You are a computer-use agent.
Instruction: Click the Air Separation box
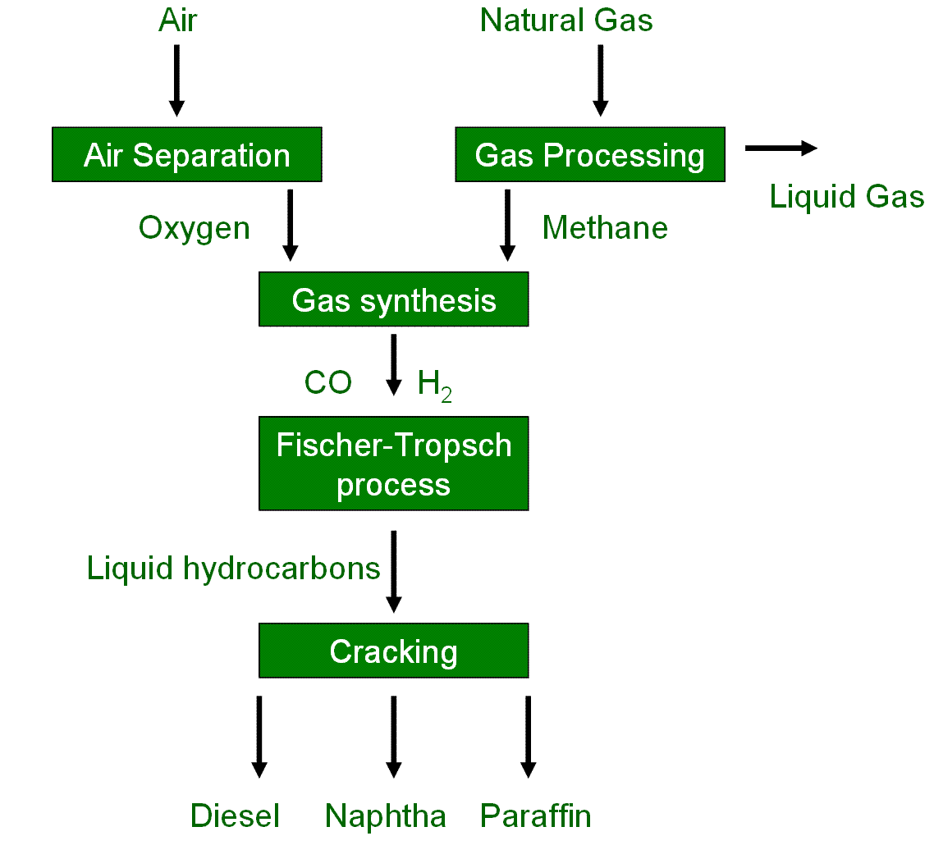[x=187, y=154]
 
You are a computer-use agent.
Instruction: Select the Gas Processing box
[x=590, y=154]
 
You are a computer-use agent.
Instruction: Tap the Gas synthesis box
[x=394, y=300]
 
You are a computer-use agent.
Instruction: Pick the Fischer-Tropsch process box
[x=394, y=464]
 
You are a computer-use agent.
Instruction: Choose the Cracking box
[x=394, y=651]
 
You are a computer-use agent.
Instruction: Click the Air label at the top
[x=177, y=20]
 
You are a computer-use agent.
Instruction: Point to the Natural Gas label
[x=566, y=20]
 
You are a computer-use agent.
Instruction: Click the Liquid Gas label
[x=846, y=197]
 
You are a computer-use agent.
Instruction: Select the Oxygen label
[x=195, y=227]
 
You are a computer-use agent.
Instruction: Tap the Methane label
[x=605, y=227]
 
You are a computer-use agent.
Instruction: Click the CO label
[x=328, y=382]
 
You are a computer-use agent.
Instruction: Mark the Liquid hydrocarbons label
[x=234, y=568]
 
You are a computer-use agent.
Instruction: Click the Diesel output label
[x=236, y=815]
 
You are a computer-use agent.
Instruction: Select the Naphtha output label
[x=386, y=815]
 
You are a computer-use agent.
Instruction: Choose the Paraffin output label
[x=535, y=815]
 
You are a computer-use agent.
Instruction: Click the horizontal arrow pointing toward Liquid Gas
[x=781, y=148]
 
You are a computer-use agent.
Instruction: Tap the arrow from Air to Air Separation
[x=176, y=80]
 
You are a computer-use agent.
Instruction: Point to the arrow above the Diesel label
[x=259, y=736]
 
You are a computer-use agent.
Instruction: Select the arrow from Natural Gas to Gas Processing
[x=600, y=80]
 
